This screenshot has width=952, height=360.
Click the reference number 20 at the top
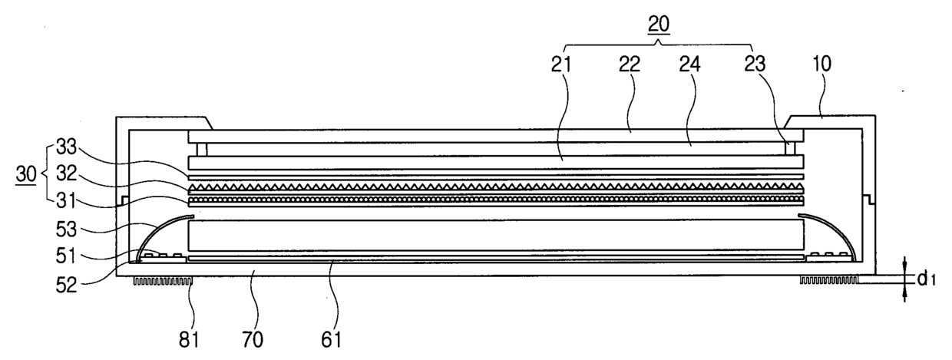click(658, 24)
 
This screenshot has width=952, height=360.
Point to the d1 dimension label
click(924, 276)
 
